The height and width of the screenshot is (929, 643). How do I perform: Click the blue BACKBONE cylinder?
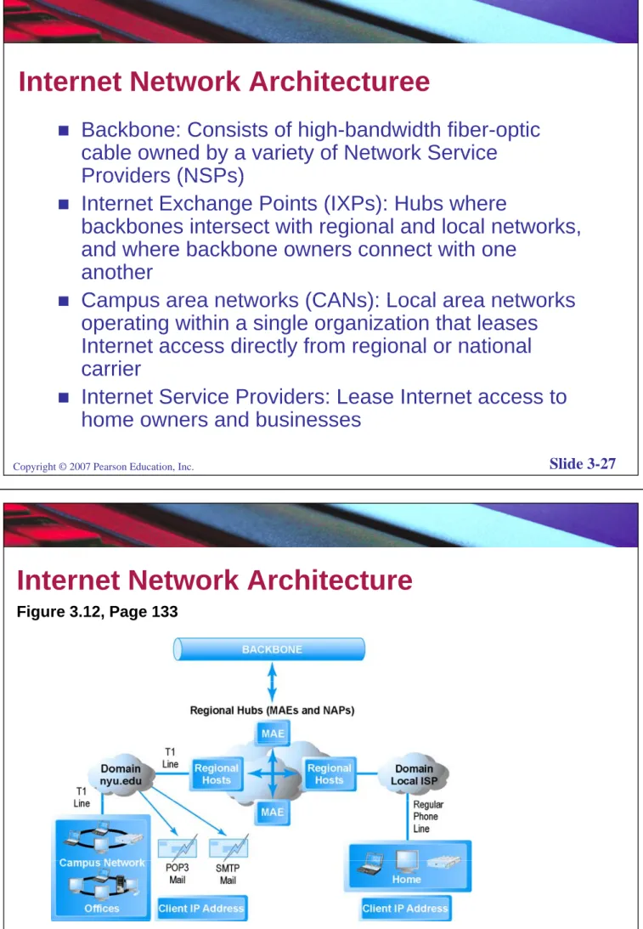tap(269, 649)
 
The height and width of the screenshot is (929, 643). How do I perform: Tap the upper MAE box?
tap(273, 734)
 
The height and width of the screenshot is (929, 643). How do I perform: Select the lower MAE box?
tap(273, 812)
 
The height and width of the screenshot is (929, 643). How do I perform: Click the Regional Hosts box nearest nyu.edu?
tap(216, 773)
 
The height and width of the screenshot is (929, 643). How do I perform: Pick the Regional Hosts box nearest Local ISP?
tap(330, 773)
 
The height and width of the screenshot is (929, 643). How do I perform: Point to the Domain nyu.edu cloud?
tap(121, 774)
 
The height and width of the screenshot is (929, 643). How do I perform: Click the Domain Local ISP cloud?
tap(414, 774)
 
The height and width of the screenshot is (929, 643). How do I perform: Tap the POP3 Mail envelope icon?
tap(177, 848)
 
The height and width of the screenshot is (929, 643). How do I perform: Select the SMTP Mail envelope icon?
tap(228, 848)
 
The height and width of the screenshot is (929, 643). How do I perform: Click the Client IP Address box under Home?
tap(405, 909)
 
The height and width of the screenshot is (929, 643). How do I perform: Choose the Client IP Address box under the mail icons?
tap(200, 909)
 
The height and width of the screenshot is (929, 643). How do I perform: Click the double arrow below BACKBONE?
tap(273, 682)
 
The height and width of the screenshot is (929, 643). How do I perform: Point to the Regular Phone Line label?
tap(427, 817)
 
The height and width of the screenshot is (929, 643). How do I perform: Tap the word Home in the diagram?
tap(406, 879)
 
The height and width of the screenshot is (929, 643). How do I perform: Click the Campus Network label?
tap(102, 863)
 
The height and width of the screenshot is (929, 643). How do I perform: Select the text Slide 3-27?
tap(582, 464)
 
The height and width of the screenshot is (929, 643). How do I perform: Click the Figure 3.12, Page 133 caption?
tap(97, 611)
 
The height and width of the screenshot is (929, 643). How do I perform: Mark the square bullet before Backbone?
tap(64, 130)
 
